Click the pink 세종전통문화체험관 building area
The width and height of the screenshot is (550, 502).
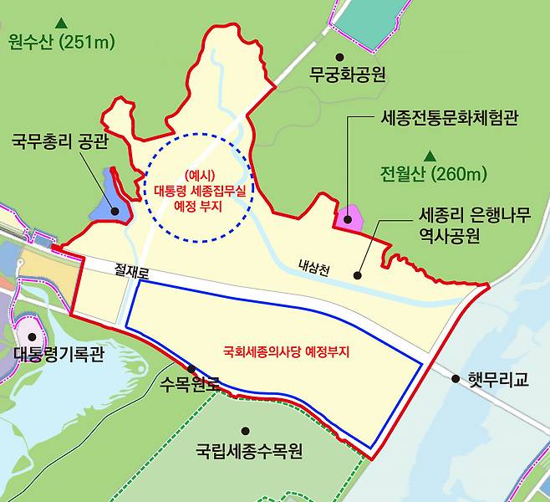tap(349, 217)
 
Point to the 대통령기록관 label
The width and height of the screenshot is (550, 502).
tap(58, 355)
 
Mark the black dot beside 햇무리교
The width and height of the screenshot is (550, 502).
tap(456, 379)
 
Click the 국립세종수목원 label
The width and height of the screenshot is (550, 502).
tap(248, 453)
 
